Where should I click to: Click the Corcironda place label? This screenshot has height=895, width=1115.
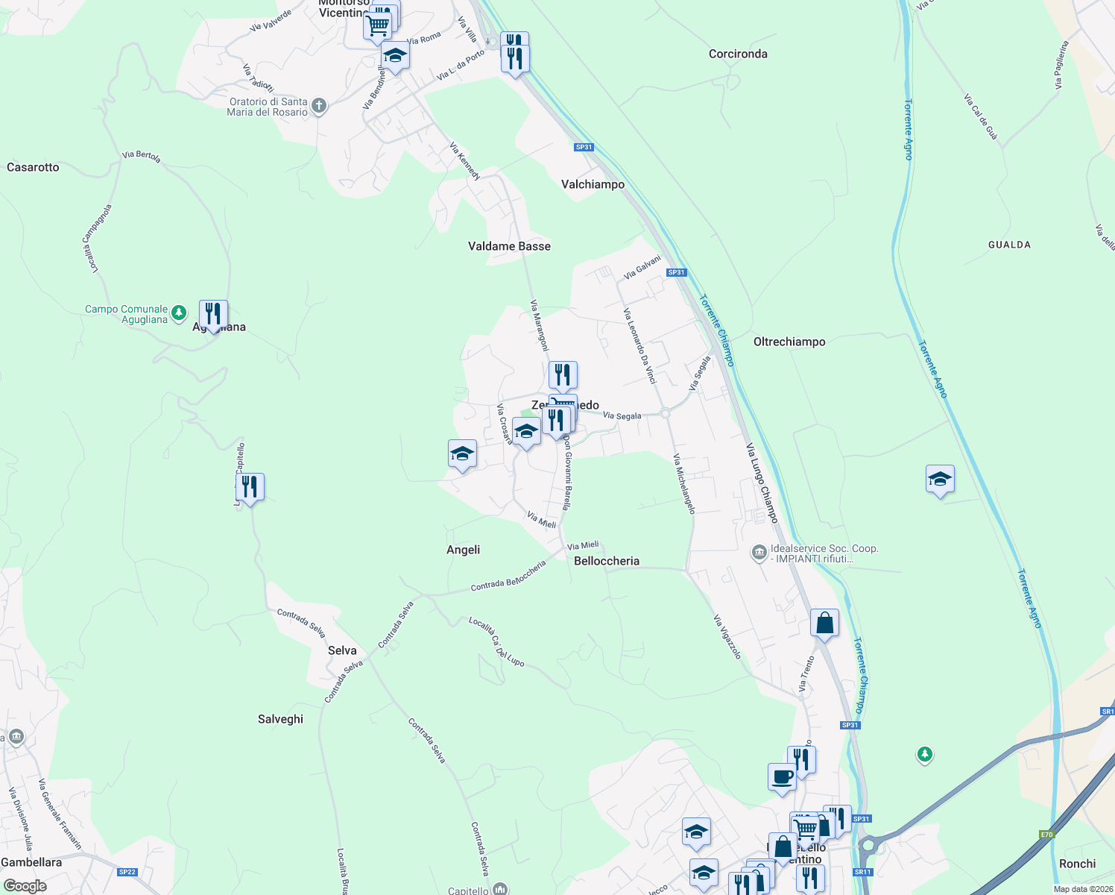(x=738, y=54)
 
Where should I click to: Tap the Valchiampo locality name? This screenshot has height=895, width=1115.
(x=593, y=184)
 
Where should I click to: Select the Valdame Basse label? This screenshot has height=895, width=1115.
(x=509, y=246)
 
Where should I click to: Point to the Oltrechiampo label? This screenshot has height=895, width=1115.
(x=789, y=342)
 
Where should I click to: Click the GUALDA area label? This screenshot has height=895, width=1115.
(x=1009, y=245)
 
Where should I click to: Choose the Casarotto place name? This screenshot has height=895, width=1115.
(x=33, y=167)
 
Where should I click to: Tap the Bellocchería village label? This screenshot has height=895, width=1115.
(x=607, y=561)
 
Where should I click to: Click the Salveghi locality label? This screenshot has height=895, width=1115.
(x=280, y=719)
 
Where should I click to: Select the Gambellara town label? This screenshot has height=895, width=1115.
(x=31, y=862)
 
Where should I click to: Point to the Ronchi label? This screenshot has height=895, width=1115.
(x=1077, y=864)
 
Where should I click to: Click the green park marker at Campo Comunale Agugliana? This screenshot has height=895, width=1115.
(x=179, y=313)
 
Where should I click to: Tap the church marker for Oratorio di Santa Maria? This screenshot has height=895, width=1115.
(x=319, y=106)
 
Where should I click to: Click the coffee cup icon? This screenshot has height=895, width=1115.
(x=782, y=777)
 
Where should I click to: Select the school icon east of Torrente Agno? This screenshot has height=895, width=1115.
(x=940, y=479)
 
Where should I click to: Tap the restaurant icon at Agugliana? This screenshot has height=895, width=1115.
(x=213, y=315)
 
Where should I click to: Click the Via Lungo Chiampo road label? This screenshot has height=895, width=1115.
(x=762, y=483)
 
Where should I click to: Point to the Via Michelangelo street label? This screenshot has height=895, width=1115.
(x=684, y=483)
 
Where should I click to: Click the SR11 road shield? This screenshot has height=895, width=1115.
(x=862, y=872)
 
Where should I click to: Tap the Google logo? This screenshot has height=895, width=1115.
(x=25, y=886)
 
